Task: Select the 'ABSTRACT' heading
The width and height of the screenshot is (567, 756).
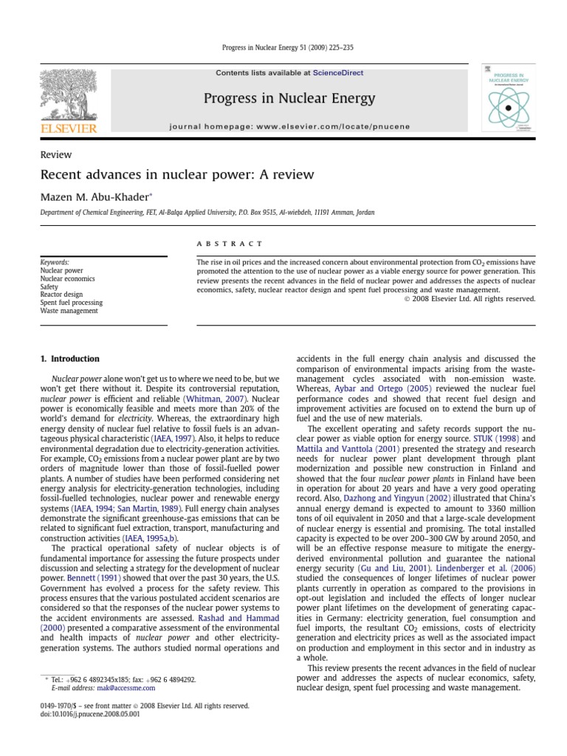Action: tap(219, 244)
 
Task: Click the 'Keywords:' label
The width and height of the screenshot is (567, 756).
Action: tap(55, 262)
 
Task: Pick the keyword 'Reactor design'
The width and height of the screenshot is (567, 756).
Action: tap(61, 295)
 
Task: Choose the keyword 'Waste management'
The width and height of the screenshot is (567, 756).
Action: tap(69, 311)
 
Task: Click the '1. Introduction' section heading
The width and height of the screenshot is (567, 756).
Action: tap(70, 359)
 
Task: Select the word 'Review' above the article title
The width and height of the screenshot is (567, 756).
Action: tap(56, 155)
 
